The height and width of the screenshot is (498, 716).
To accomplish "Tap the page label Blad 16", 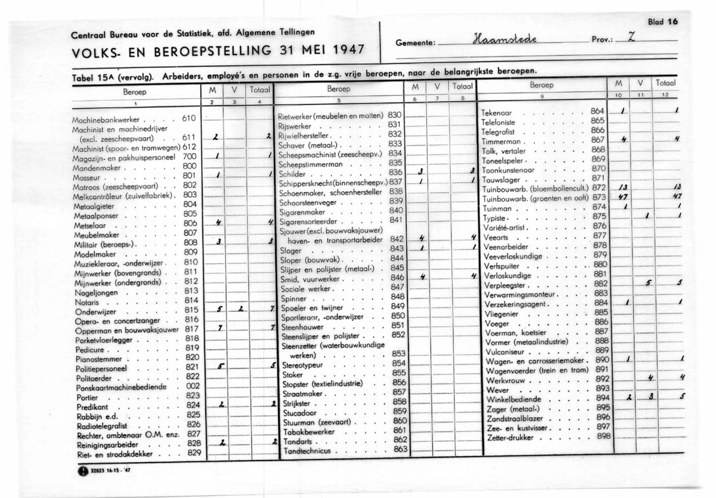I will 662,22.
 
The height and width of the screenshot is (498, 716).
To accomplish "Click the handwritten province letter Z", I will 632,39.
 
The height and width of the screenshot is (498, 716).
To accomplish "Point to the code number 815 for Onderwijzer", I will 191,310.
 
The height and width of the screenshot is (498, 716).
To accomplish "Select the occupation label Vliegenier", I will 501,313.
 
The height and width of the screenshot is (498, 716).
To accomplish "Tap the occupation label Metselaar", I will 91,223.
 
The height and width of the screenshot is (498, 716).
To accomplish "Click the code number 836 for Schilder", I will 395,173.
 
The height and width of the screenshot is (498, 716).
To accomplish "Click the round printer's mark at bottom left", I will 82,471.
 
